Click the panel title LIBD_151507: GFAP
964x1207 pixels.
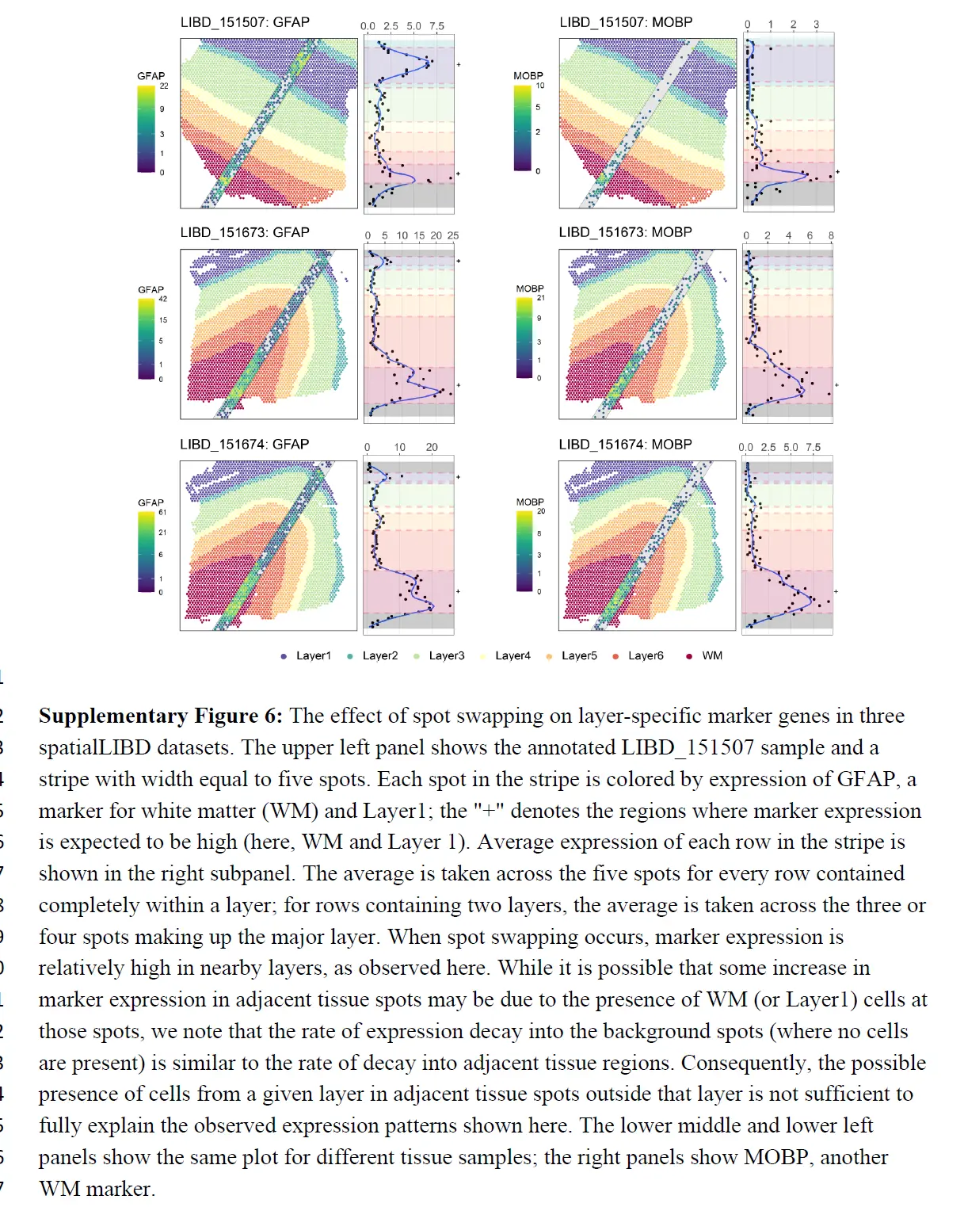[x=245, y=22]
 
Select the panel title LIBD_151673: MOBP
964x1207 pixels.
[x=625, y=232]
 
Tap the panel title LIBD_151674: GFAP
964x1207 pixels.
[x=244, y=445]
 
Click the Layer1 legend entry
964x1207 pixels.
[x=313, y=656]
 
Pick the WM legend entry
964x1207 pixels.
[x=711, y=656]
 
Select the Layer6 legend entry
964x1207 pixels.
[x=645, y=656]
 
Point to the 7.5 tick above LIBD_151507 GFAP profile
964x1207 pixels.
[x=437, y=26]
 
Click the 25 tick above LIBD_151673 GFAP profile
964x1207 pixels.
[x=453, y=236]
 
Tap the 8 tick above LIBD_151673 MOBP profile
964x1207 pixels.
[x=831, y=236]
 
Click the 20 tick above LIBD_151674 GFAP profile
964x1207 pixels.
[x=432, y=448]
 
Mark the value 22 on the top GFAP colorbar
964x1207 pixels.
[x=164, y=86]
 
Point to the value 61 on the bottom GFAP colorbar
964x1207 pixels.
[x=162, y=512]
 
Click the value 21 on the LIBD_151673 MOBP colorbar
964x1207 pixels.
[x=541, y=298]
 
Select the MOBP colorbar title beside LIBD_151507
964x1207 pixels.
[x=528, y=76]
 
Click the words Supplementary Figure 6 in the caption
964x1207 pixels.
[x=160, y=716]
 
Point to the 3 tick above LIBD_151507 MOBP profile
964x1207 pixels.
[x=816, y=25]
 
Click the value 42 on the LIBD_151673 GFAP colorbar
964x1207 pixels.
[x=163, y=299]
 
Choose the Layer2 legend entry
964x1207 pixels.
[x=379, y=656]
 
